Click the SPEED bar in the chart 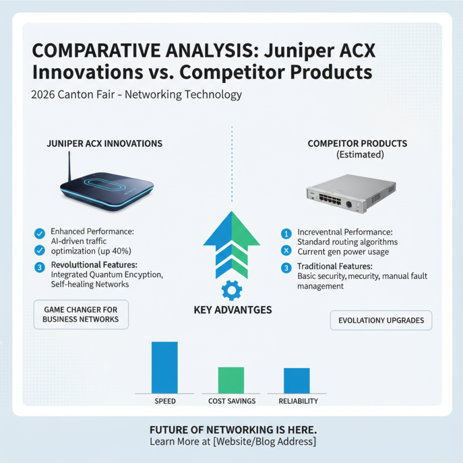[164, 368]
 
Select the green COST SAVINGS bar [231, 380]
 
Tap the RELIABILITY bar [296, 381]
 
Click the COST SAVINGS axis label [231, 401]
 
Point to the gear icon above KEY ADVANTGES [231, 289]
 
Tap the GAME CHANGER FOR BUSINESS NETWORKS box [80, 314]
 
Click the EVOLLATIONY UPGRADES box [381, 320]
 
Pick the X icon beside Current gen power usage [285, 251]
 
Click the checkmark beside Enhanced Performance [39, 233]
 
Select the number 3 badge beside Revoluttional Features [39, 267]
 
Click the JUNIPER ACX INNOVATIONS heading [104, 144]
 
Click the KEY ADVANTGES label [233, 310]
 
